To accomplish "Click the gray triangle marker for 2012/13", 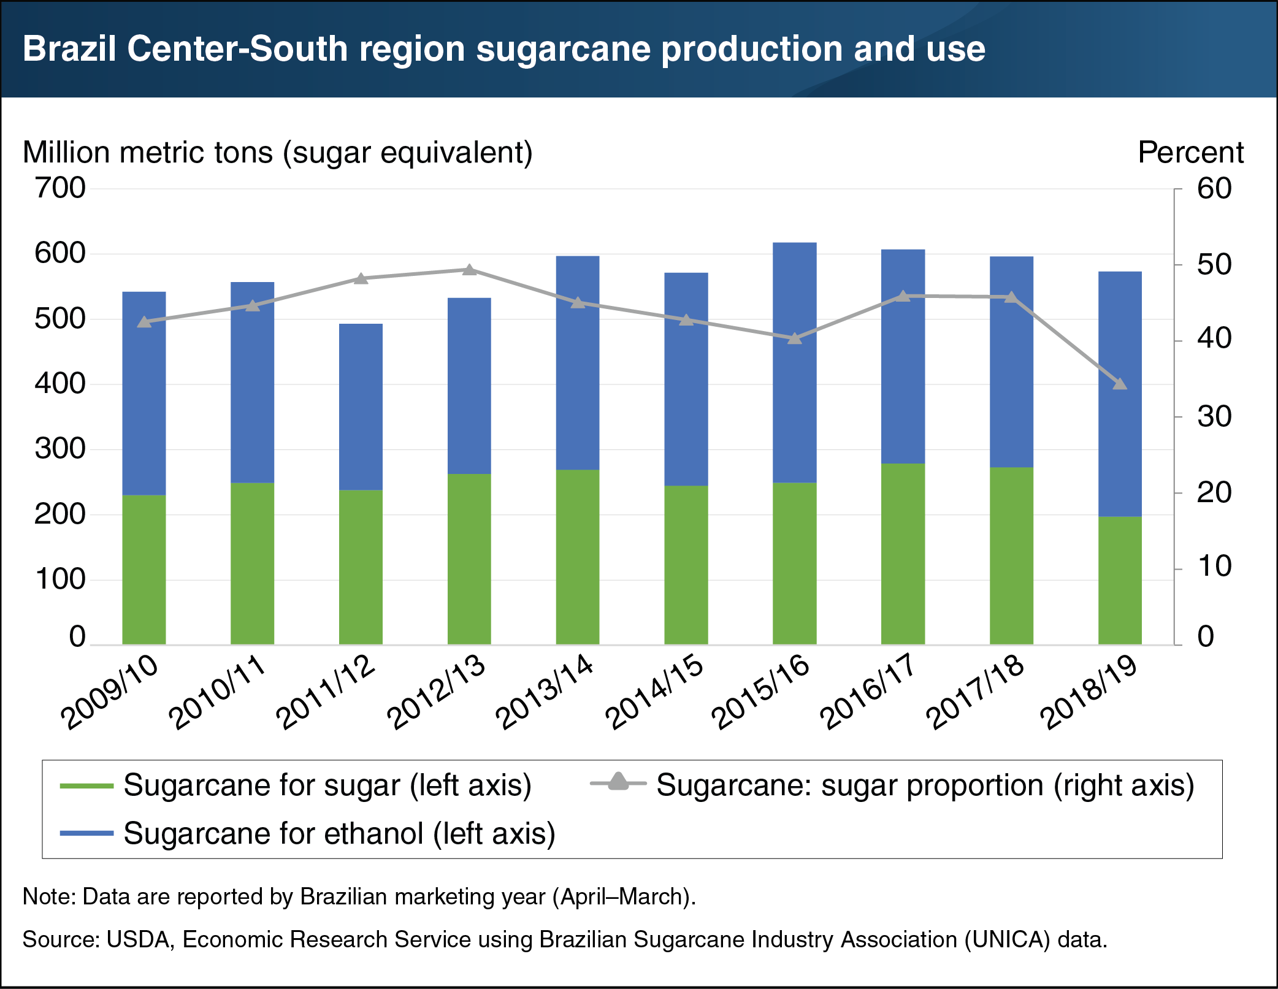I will click(469, 270).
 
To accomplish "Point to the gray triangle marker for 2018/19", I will click(1119, 384).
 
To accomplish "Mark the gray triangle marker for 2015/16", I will click(794, 338).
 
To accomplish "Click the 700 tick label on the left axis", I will click(60, 188).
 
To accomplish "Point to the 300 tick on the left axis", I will click(60, 449).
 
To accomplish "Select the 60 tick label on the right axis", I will click(1214, 189).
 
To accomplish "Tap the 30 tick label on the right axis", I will click(1214, 417).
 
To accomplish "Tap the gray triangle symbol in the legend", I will click(618, 782).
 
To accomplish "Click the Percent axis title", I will click(1190, 152).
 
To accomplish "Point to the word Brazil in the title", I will click(69, 48).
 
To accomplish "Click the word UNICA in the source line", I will click(1005, 939).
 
